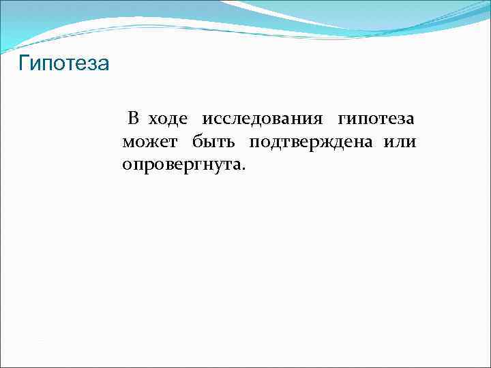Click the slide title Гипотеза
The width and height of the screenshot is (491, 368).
(x=63, y=65)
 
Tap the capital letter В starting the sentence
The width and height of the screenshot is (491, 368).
(x=134, y=119)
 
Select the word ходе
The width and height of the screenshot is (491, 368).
(x=168, y=119)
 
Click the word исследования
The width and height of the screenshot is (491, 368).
(x=262, y=120)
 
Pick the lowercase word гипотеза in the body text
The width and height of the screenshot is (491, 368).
(x=376, y=120)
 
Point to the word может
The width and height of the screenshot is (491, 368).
(x=150, y=142)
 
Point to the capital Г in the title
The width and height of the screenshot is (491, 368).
(x=24, y=64)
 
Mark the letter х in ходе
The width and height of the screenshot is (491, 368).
(x=153, y=120)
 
